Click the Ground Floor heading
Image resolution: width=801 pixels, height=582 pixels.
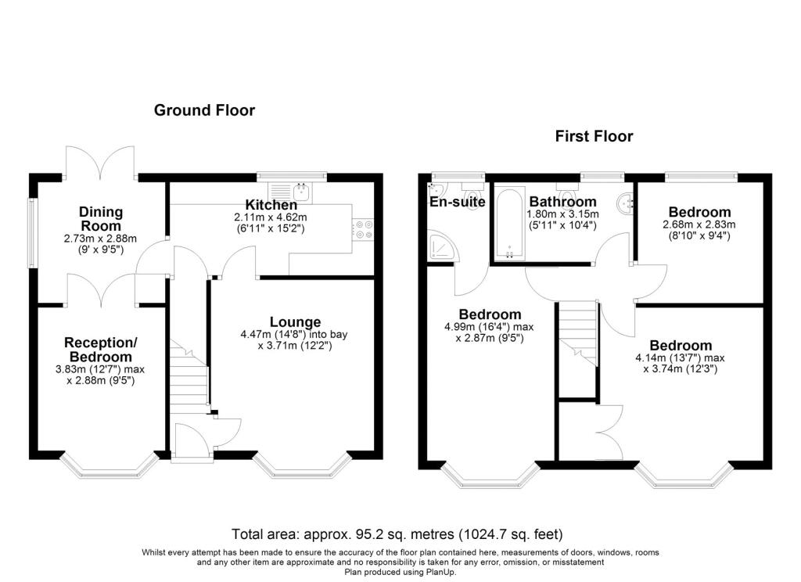point(204,110)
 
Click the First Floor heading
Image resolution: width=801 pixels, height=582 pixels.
point(594,136)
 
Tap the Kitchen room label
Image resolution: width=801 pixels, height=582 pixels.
point(271,205)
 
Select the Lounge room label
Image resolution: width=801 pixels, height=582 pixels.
point(295,322)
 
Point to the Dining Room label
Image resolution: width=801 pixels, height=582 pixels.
point(101,219)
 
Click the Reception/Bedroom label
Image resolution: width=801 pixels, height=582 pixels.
point(101,350)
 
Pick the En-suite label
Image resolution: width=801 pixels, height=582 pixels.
point(457,202)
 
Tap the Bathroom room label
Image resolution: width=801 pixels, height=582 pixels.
point(562,202)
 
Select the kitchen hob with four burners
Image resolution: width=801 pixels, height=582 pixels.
point(363,229)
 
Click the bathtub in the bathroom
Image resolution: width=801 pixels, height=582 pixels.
point(508,225)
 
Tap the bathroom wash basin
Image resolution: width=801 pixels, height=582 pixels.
point(625,204)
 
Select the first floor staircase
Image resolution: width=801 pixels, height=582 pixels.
point(578,333)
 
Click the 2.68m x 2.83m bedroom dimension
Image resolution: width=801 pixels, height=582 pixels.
point(699,225)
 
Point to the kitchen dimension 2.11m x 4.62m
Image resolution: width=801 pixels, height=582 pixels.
point(271,217)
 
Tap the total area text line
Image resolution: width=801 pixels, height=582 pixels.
point(397,534)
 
